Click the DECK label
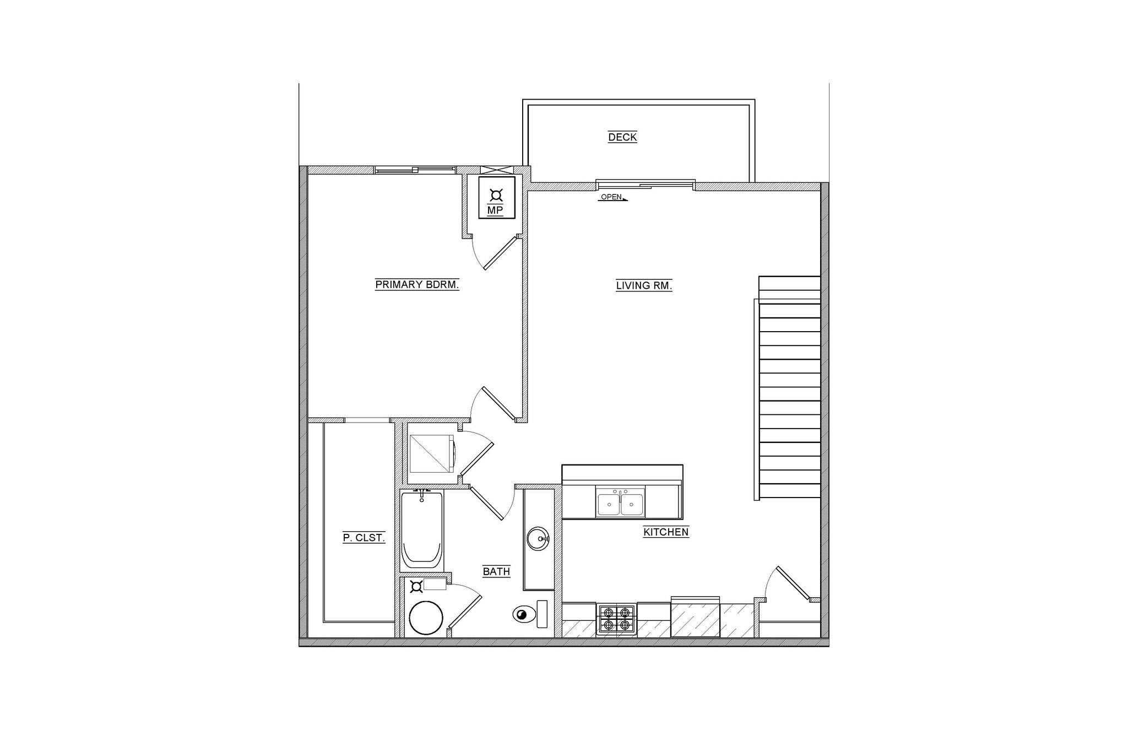coord(622,137)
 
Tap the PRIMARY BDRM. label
coord(417,285)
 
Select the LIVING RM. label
coord(644,286)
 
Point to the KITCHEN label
coord(666,532)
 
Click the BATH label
coord(496,571)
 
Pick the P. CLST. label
coord(364,538)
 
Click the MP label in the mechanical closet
coord(495,210)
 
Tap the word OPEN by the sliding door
coord(611,197)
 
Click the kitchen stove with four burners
coord(616,619)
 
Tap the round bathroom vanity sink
coord(538,538)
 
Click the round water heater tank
coord(426,618)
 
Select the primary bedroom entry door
coord(498,404)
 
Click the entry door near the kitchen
coord(793,583)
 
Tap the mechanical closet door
coord(501,253)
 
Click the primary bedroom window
coord(415,170)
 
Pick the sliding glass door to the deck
coord(646,185)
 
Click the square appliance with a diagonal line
coord(431,453)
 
